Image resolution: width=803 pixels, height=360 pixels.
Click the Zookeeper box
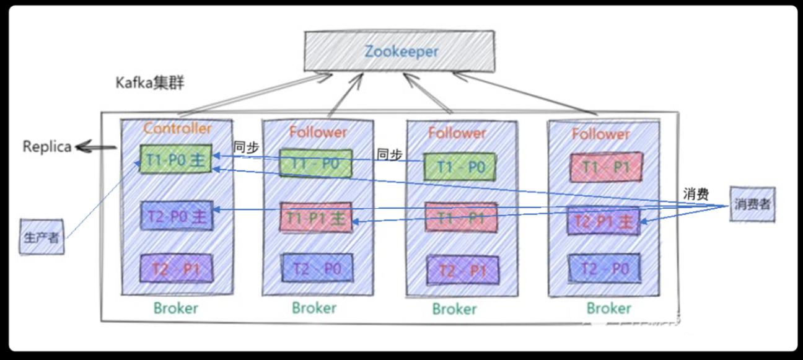point(401,51)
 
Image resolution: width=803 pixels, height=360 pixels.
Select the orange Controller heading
point(177,129)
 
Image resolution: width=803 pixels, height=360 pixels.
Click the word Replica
point(47,147)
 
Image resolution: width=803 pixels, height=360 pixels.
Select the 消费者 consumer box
point(752,204)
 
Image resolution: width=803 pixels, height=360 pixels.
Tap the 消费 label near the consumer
point(696,194)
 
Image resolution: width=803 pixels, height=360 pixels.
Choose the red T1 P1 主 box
point(317,217)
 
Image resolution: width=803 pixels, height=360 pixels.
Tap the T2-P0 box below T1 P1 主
point(317,268)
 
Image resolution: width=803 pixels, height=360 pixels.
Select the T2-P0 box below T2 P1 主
point(604,268)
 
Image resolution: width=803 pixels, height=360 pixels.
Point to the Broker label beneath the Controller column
point(176,308)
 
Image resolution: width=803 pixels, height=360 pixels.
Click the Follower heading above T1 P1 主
point(318,132)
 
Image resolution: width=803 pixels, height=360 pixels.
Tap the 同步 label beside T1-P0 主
point(245,147)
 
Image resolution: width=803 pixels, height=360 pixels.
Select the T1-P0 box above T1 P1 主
point(316,163)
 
